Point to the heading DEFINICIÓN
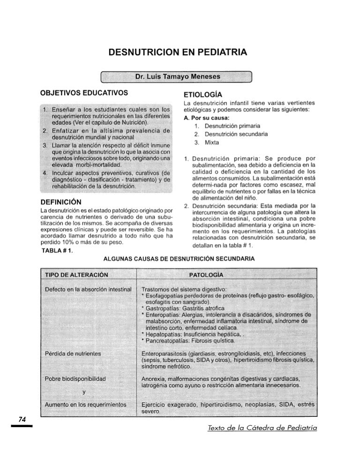click(x=62, y=202)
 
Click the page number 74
click(x=21, y=419)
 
